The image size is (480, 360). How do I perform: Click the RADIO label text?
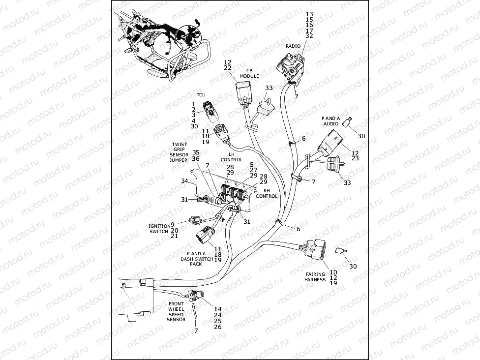(x=293, y=46)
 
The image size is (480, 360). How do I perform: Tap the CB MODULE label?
(x=249, y=73)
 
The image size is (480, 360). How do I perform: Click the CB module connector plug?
(x=242, y=93)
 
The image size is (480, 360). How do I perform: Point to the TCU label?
(x=201, y=95)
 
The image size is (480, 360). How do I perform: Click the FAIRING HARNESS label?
(x=315, y=277)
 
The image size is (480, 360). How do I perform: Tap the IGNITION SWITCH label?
(x=159, y=229)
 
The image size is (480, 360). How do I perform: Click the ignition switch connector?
(x=193, y=222)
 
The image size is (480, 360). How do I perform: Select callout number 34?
(x=184, y=181)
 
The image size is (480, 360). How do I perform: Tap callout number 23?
(x=355, y=158)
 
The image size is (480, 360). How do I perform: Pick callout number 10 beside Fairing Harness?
(x=333, y=272)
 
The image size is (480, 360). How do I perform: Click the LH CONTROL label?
(x=231, y=156)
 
